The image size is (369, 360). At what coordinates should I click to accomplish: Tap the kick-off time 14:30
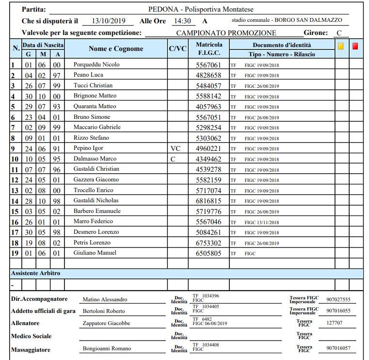[x=182, y=21]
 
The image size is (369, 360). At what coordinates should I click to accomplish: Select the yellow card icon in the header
[x=340, y=47]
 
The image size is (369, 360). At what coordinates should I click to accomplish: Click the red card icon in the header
[x=355, y=47]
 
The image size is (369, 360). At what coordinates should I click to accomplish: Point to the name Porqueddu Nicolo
[x=96, y=65]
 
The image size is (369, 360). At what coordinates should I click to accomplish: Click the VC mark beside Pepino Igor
[x=175, y=148]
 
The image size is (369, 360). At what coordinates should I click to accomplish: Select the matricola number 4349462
[x=208, y=159]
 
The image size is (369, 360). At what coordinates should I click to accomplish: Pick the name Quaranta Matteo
[x=95, y=106]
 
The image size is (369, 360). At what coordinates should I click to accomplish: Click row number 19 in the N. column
[x=15, y=253]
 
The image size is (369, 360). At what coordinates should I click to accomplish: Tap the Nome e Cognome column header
[x=116, y=49]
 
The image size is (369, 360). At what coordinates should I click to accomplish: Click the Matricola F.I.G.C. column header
[x=209, y=49]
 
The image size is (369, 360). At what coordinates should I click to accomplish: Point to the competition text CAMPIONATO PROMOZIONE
[x=226, y=33]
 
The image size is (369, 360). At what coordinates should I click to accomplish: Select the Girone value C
[x=339, y=33]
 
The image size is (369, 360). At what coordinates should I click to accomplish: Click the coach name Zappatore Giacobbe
[x=106, y=324]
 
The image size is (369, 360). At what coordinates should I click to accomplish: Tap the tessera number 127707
[x=335, y=324]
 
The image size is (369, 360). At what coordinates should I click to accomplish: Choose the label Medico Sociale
[x=31, y=336]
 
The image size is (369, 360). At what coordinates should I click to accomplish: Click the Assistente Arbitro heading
[x=35, y=274]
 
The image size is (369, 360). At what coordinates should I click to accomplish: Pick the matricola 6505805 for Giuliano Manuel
[x=208, y=253]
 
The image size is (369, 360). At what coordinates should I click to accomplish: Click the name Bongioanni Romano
[x=107, y=349]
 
